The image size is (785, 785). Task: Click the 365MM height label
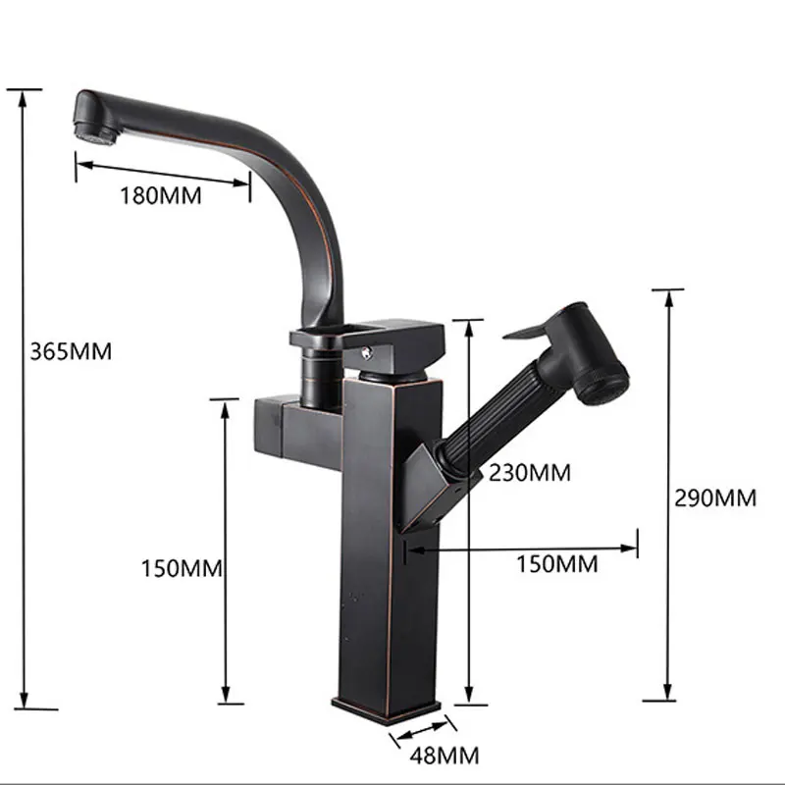pos(71,351)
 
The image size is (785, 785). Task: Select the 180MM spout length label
pos(161,195)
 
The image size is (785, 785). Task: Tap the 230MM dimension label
pos(530,473)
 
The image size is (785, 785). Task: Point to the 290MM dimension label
pos(715,498)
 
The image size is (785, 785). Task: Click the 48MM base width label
pos(445,755)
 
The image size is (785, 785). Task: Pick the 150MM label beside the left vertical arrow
pos(182,569)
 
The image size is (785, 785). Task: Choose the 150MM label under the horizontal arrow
pos(557,564)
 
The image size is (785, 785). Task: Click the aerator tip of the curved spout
pos(96,132)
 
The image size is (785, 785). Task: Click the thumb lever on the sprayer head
pos(531,331)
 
